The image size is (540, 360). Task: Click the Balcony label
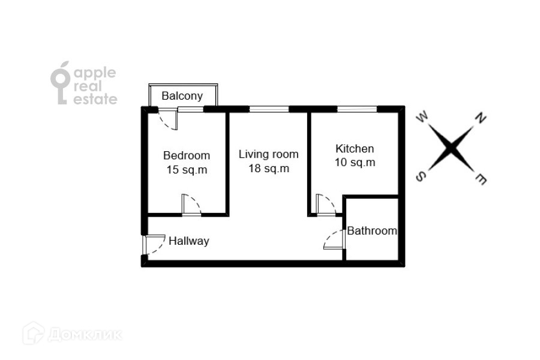[x=182, y=96]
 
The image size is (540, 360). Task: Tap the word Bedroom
[x=187, y=155]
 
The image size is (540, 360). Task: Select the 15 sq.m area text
[x=187, y=170]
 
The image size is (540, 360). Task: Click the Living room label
[x=268, y=154]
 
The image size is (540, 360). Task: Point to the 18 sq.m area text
[x=269, y=169]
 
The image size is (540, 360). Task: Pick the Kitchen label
[x=355, y=149]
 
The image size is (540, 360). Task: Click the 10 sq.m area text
[x=355, y=163]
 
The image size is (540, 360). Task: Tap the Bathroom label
[x=372, y=230]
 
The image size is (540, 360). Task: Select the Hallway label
[x=188, y=241]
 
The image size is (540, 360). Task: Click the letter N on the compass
[x=480, y=118]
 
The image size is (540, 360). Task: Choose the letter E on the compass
[x=481, y=178]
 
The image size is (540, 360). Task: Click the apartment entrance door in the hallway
[x=151, y=245]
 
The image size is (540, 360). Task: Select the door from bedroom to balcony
[x=169, y=119]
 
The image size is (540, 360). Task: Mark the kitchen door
[x=325, y=204]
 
